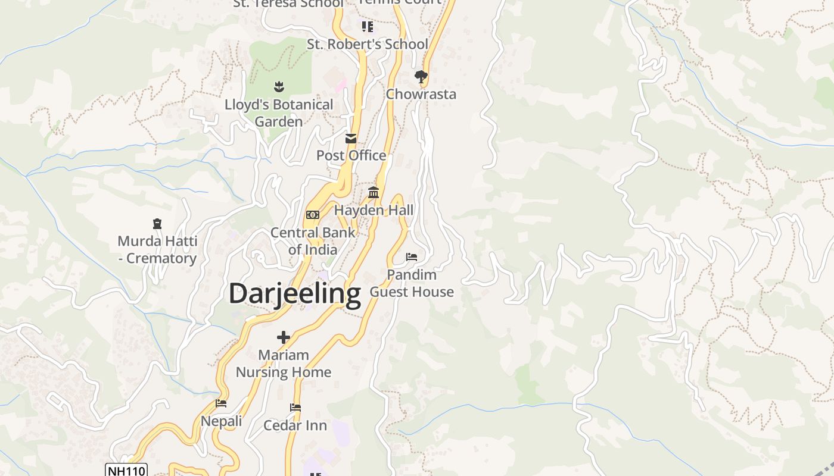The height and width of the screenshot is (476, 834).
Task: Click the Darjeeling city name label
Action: pos(295,293)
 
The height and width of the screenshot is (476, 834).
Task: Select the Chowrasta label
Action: pos(421,94)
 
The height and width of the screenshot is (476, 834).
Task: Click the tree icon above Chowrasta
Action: pos(421,76)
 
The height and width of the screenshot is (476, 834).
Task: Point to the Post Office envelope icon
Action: pos(351,139)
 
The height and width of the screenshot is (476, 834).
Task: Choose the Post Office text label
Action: pos(351,155)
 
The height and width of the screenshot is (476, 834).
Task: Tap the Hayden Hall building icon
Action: pos(374,192)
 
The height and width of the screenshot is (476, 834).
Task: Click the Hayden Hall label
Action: pos(374,210)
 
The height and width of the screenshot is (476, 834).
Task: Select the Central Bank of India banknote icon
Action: pos(313,215)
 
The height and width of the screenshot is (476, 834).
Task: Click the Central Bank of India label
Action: pos(313,240)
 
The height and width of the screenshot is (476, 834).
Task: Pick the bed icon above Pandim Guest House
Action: pos(412,257)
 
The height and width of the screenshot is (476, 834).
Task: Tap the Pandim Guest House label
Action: pos(412,283)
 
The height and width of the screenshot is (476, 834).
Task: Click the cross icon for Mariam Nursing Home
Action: pos(284,337)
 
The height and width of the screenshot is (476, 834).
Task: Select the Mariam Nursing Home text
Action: pos(284,364)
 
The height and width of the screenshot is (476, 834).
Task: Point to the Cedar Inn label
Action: pos(295,425)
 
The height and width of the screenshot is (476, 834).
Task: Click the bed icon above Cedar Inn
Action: pos(295,408)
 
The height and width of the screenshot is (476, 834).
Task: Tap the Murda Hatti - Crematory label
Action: pos(157,250)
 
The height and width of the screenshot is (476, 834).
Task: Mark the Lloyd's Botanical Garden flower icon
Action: pos(278,87)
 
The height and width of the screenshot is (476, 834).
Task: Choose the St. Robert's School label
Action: pos(368,44)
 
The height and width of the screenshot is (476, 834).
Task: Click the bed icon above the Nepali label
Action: pos(221,403)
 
